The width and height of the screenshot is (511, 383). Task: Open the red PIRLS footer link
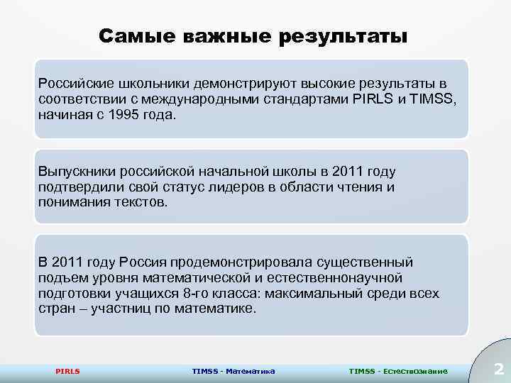click(x=67, y=371)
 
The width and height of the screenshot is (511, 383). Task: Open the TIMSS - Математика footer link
click(x=233, y=371)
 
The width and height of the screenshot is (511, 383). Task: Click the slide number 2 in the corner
click(x=498, y=369)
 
